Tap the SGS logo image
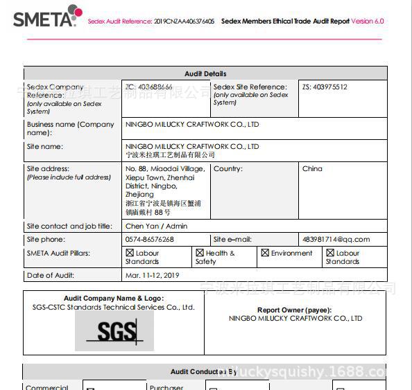coord(115,331)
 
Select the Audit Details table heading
coord(205,73)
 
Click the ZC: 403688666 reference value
coord(149,87)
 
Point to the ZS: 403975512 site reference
coord(325,87)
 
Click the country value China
coord(312,169)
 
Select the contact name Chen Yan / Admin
coord(156,226)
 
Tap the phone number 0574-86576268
coord(149,240)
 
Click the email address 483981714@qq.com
coord(336,240)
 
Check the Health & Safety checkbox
coord(200,254)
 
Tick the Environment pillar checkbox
coord(265,254)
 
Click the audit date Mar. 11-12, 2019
coord(152,276)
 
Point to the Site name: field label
coord(44,147)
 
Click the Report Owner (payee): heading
coord(294,310)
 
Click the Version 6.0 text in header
coord(367,21)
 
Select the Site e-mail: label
coord(232,240)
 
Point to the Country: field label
coord(228,169)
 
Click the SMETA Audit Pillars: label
coord(58,254)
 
